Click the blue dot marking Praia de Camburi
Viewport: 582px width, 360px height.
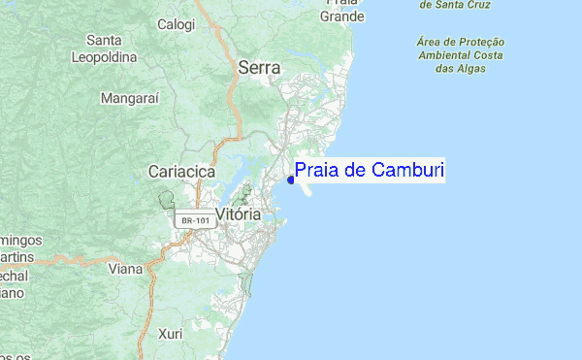292,179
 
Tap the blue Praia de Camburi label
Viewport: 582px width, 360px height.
369,172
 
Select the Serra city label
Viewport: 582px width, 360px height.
259,68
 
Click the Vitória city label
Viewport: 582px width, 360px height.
238,213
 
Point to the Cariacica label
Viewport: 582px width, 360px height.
180,171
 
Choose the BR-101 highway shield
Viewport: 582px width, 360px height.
193,221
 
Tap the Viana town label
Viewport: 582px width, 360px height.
125,269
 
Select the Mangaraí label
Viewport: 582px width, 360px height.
130,98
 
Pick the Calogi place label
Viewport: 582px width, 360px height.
177,24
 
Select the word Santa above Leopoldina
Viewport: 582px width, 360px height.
104,41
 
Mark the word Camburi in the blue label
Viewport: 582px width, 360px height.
409,172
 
